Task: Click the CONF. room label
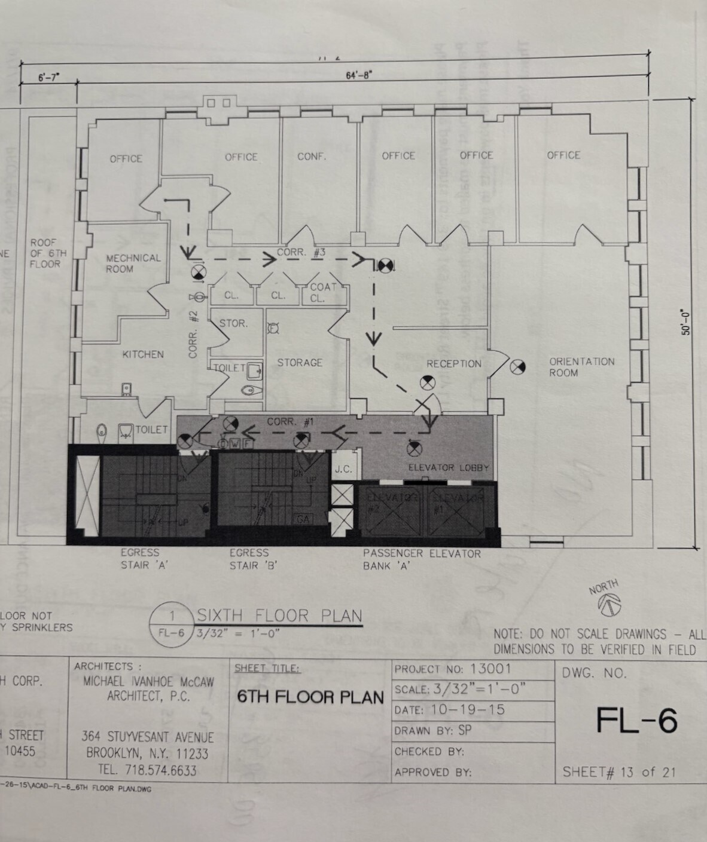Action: click(312, 157)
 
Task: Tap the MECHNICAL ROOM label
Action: click(133, 264)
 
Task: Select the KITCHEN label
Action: click(143, 354)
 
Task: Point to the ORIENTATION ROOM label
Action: click(581, 367)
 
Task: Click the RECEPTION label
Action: click(453, 364)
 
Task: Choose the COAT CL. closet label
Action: click(323, 292)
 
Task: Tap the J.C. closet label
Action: click(343, 469)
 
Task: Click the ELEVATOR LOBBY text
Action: click(449, 467)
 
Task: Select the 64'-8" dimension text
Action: click(359, 75)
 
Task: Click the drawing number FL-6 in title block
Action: click(636, 721)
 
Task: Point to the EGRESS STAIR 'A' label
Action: click(141, 559)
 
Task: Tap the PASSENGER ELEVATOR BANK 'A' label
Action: click(422, 559)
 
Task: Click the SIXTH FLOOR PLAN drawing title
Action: click(279, 616)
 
